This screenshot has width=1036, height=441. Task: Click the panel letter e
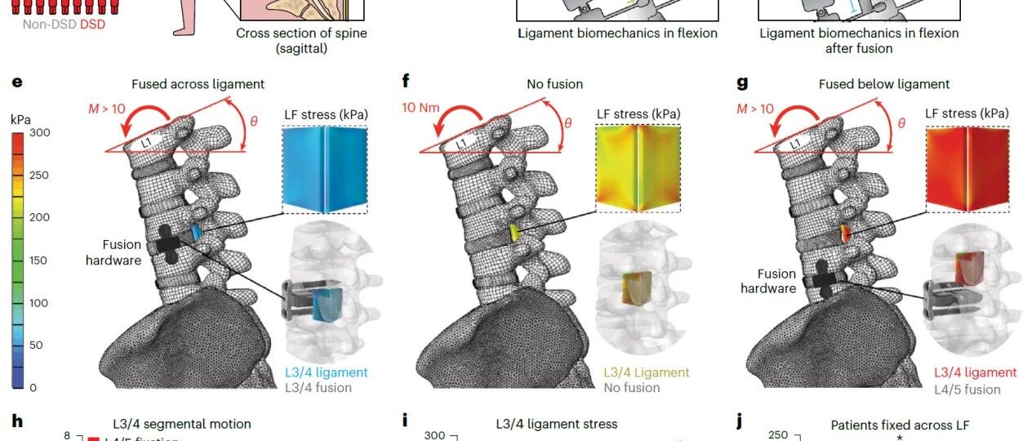[x=17, y=83]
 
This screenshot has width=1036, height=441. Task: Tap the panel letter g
[x=742, y=82]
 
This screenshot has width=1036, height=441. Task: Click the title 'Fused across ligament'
[x=198, y=84]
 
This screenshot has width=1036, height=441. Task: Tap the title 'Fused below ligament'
[x=884, y=84]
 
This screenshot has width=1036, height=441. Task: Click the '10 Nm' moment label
[x=421, y=107]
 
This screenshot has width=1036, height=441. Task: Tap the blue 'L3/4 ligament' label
[x=326, y=372]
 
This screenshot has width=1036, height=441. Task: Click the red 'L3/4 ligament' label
[x=976, y=372]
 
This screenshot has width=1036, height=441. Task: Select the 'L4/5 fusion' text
[x=967, y=390]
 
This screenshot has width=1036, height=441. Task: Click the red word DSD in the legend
[x=92, y=24]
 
